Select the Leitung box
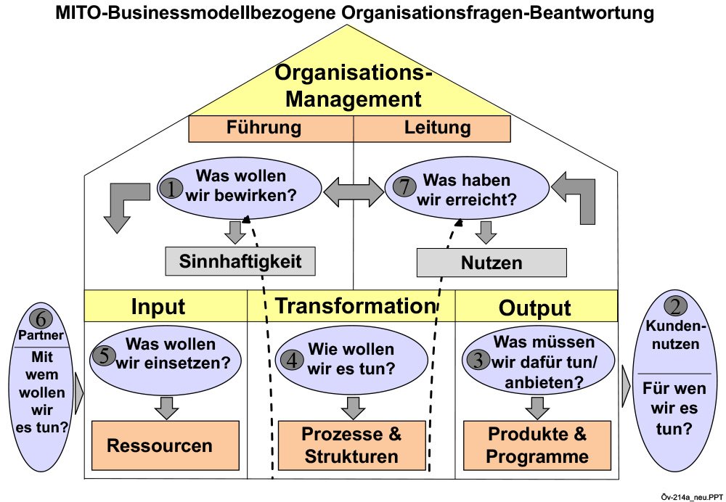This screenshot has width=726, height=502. (432, 128)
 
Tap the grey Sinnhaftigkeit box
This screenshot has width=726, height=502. (240, 261)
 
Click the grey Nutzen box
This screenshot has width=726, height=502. (492, 263)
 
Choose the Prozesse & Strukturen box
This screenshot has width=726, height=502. (352, 445)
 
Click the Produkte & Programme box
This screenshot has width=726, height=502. (537, 445)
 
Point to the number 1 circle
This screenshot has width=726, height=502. (171, 189)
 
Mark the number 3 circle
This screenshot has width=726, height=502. (477, 359)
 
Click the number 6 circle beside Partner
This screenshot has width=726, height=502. (41, 318)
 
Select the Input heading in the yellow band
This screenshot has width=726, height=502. (158, 306)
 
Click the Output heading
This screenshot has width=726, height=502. (535, 307)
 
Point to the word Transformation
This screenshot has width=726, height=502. (354, 305)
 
